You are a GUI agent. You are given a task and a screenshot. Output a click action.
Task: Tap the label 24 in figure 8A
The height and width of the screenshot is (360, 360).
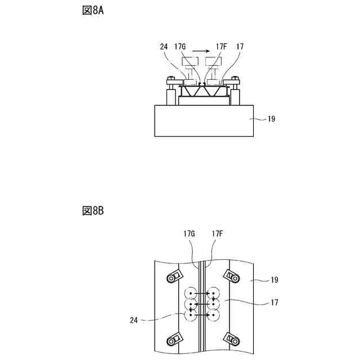pos(164,47)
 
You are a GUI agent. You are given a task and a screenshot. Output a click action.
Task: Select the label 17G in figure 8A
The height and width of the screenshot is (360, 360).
pos(180,47)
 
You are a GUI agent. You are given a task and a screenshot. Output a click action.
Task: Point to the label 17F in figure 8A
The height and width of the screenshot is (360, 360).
pos(222,47)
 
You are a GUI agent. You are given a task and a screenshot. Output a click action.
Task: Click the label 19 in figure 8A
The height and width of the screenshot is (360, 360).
pos(271,119)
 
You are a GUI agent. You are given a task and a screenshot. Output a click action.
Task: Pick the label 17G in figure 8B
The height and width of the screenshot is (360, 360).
pos(190,233)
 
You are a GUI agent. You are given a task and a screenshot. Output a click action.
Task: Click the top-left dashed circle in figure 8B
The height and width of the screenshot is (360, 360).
pos(191,294)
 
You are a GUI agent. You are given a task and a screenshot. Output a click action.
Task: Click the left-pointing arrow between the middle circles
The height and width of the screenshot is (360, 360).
pos(202,304)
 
